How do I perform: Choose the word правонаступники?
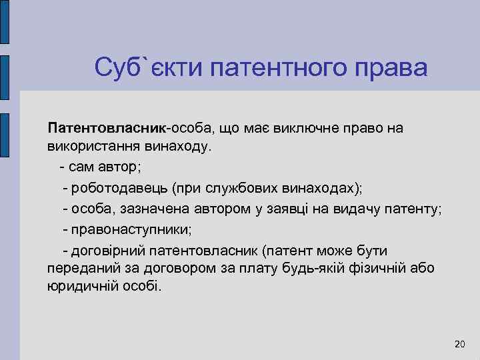pos(130,230)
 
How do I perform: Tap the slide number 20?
pos(459,344)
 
